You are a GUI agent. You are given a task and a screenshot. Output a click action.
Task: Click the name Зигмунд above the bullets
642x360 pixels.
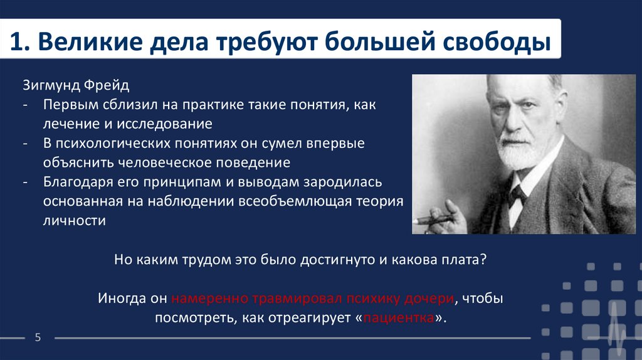click(51, 85)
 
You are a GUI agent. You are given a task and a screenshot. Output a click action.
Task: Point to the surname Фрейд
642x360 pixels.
click(107, 85)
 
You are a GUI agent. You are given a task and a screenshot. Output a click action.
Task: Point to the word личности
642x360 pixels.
click(75, 221)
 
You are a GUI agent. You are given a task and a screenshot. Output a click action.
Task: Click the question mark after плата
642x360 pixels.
click(483, 259)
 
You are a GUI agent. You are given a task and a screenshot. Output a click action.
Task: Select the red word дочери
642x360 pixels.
click(429, 299)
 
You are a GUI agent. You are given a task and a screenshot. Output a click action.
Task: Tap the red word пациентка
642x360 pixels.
click(398, 318)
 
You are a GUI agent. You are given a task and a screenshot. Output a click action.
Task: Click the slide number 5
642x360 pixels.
click(38, 337)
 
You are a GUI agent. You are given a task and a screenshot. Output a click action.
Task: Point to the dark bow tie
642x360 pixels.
click(517, 195)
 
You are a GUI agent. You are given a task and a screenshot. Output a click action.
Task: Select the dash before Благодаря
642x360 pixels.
click(25, 183)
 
